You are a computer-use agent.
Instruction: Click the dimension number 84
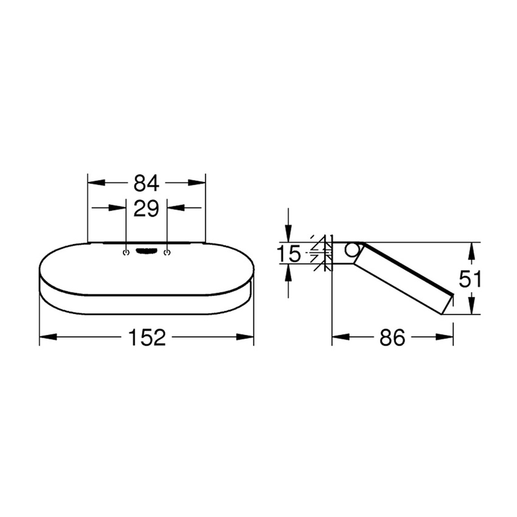point(146,182)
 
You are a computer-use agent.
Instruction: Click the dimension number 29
point(146,209)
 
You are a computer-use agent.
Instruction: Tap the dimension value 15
point(289,253)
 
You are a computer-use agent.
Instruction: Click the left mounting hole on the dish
point(126,251)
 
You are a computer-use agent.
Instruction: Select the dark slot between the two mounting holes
point(146,251)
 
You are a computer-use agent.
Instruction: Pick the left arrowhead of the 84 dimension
point(95,182)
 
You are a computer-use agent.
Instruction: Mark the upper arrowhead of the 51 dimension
point(471,249)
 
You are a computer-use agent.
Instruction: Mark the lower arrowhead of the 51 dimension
point(471,308)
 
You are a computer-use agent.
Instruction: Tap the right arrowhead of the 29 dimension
point(174,209)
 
